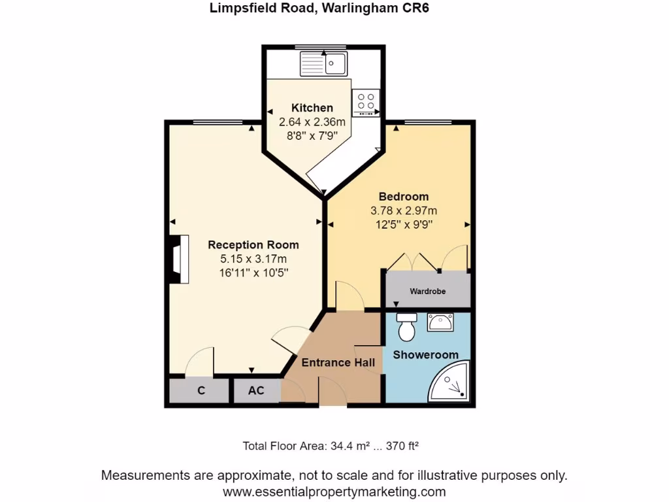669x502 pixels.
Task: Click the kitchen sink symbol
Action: coord(324,64)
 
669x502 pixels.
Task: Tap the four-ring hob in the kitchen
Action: coord(366,102)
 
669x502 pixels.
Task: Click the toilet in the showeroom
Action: coord(406,327)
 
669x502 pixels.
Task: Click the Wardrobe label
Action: coord(427,292)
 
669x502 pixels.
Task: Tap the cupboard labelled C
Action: coord(201,391)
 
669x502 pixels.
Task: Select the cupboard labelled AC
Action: coord(256,391)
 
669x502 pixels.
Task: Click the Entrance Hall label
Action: coord(338,362)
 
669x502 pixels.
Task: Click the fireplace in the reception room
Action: coord(178,260)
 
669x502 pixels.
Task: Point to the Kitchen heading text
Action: coord(312,108)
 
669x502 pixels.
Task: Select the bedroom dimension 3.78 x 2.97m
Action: coord(403,210)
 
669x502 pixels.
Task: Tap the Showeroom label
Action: coord(425,355)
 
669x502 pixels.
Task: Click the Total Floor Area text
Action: coord(330,446)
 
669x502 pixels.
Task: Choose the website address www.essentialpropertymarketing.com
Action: coord(334,491)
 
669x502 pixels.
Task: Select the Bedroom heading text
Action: coord(404,196)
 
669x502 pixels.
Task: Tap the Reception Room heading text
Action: coord(253,245)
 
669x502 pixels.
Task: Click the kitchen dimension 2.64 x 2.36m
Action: coord(312,122)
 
